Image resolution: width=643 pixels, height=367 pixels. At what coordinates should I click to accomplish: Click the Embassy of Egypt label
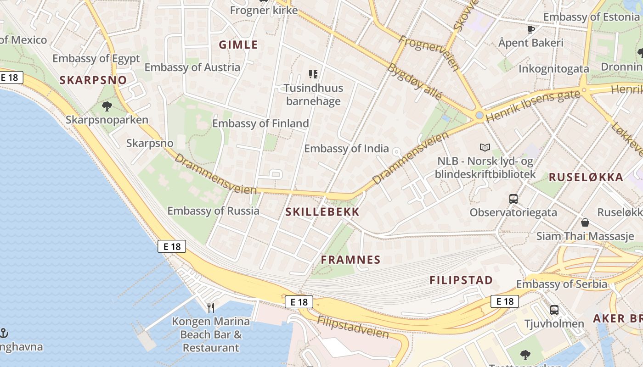pyautogui.click(x=96, y=59)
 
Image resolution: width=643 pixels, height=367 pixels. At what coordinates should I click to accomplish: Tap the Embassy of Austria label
pyautogui.click(x=192, y=67)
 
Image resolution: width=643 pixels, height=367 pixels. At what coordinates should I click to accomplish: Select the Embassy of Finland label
pyautogui.click(x=260, y=123)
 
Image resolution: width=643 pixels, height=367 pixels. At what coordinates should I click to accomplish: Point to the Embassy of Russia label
pyautogui.click(x=213, y=211)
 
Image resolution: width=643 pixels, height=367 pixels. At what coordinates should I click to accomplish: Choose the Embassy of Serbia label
pyautogui.click(x=562, y=284)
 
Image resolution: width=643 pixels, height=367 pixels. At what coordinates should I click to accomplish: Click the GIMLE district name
pyautogui.click(x=238, y=45)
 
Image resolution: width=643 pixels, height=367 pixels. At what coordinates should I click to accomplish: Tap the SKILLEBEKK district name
pyautogui.click(x=322, y=212)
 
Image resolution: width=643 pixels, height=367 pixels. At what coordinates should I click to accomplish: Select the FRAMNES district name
pyautogui.click(x=351, y=260)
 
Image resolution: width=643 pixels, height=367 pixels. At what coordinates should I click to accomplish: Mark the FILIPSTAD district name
pyautogui.click(x=461, y=280)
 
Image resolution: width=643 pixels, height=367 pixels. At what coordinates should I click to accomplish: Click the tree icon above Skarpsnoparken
pyautogui.click(x=107, y=107)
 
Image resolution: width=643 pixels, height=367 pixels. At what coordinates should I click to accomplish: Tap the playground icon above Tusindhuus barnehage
pyautogui.click(x=313, y=74)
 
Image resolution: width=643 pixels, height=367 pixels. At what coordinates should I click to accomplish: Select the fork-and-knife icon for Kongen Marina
pyautogui.click(x=211, y=307)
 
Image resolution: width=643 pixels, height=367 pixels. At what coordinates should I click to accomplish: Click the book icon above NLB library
pyautogui.click(x=485, y=148)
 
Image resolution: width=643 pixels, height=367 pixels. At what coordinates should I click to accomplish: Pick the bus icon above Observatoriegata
pyautogui.click(x=513, y=199)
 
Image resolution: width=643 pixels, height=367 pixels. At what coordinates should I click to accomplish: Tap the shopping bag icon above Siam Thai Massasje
pyautogui.click(x=585, y=223)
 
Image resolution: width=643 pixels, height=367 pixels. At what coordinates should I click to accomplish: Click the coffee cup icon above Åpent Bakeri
pyautogui.click(x=531, y=30)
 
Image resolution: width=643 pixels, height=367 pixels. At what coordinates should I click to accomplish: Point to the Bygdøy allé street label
pyautogui.click(x=415, y=82)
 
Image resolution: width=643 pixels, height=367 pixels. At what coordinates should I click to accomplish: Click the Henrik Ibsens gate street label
pyautogui.click(x=532, y=106)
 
